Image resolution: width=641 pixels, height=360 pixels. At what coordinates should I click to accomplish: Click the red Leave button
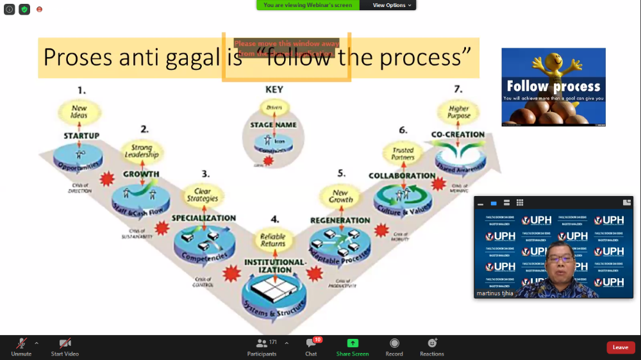[620, 347]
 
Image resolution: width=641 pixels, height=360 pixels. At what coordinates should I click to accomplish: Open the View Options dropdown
[389, 5]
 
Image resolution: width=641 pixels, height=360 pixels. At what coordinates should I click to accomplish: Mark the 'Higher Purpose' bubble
[460, 112]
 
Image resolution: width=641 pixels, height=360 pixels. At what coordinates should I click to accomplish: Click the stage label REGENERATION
[340, 220]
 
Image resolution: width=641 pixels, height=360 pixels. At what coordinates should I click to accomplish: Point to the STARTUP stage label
[81, 136]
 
